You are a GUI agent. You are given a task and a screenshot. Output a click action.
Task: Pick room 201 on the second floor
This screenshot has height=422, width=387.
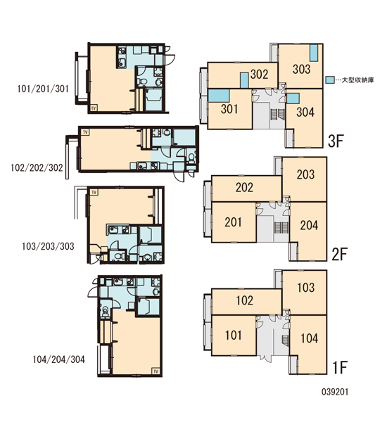click(233, 222)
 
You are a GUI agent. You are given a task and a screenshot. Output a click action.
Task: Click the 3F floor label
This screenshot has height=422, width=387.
click(336, 141)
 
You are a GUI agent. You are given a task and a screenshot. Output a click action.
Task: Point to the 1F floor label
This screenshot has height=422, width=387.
click(340, 367)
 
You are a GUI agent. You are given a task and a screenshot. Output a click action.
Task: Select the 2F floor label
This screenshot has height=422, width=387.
click(339, 254)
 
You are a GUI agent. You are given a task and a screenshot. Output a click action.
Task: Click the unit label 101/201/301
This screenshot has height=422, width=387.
click(43, 89)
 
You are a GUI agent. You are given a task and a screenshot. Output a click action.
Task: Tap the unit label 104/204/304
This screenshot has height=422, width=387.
click(58, 359)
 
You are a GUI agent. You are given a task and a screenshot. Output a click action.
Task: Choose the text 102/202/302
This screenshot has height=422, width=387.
click(37, 167)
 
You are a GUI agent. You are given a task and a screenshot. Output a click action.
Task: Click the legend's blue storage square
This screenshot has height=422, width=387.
click(330, 79)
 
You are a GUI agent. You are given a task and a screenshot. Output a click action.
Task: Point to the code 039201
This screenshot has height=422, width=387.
click(335, 392)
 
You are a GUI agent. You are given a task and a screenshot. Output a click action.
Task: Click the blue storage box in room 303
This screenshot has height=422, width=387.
click(314, 53)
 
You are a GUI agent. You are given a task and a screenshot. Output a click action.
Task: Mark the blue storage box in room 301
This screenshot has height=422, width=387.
click(219, 96)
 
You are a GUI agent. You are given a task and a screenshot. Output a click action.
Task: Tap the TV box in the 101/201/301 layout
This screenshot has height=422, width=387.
click(94, 108)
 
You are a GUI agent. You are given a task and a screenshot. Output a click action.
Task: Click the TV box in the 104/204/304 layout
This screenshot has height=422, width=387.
click(156, 371)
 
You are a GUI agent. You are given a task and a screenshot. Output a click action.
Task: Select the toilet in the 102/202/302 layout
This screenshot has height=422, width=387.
click(191, 157)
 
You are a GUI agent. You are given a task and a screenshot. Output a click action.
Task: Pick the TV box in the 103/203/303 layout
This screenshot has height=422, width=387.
click(94, 192)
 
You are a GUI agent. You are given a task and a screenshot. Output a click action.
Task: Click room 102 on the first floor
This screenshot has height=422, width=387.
click(245, 300)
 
